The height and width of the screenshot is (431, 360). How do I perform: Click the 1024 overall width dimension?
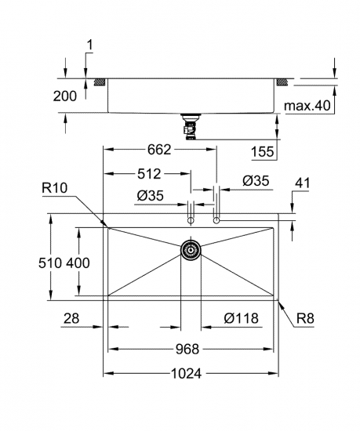[x=187, y=373]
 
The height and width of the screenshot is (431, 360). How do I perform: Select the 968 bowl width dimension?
[x=187, y=349]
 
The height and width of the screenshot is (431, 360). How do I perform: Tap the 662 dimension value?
[x=159, y=150]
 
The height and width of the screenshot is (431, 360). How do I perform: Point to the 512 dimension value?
[x=149, y=174]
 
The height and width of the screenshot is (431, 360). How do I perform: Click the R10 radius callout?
[x=54, y=188]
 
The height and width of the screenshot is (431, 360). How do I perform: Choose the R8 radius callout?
[x=305, y=319]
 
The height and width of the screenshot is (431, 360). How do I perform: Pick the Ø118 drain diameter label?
[x=242, y=318]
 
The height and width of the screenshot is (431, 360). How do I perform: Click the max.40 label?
[x=307, y=106]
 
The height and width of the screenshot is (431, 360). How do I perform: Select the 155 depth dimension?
[x=263, y=151]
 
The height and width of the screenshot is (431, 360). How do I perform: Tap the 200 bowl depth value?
[x=65, y=96]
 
